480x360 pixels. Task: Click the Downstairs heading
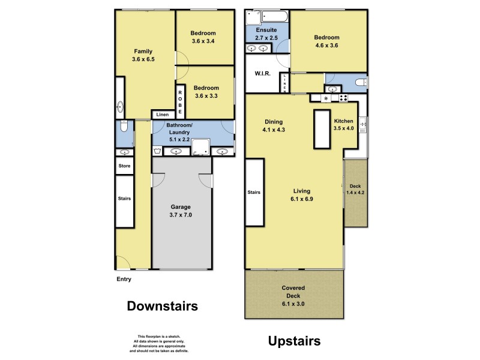(x=162, y=306)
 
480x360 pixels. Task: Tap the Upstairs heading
(x=293, y=341)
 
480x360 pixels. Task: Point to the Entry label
(x=124, y=279)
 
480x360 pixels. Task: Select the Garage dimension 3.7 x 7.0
(x=181, y=214)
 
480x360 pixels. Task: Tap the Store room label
(x=124, y=166)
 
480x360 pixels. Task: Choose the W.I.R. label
(x=262, y=74)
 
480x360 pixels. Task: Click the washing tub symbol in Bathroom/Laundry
(x=158, y=151)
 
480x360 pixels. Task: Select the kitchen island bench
(x=322, y=128)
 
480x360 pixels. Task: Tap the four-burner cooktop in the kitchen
(x=343, y=98)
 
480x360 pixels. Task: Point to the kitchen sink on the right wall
(x=362, y=125)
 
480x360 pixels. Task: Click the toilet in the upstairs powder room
(x=361, y=82)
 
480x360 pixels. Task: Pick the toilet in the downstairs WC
(x=123, y=127)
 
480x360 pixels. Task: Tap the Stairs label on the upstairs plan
(x=254, y=193)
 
